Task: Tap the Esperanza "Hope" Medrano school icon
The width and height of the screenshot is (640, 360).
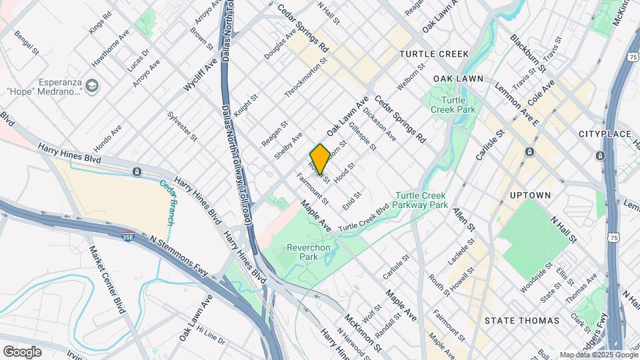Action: click(91, 86)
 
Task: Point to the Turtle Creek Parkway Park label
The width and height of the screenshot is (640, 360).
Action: click(421, 200)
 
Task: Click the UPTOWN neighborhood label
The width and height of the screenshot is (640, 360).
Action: click(530, 195)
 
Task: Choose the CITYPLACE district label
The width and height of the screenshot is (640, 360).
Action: click(604, 134)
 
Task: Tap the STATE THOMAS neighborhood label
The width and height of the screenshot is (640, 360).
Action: click(521, 321)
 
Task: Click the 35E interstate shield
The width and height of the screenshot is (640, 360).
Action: click(127, 235)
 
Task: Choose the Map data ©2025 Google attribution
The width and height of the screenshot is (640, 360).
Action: click(598, 355)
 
